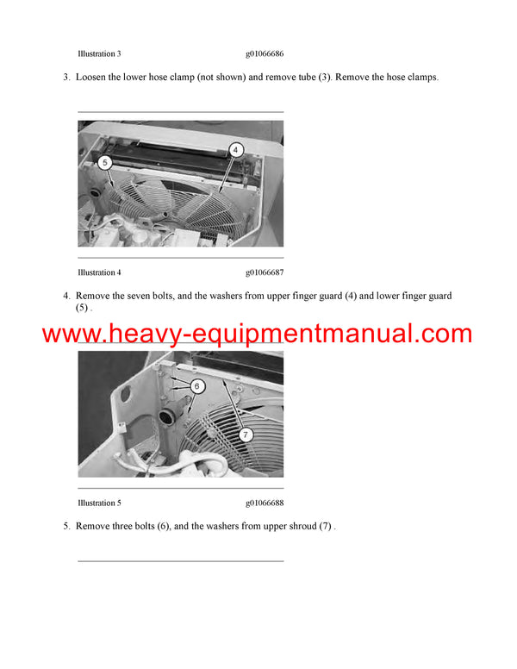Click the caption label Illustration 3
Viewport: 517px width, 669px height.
pyautogui.click(x=105, y=53)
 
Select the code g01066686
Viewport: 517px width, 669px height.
pyautogui.click(x=265, y=53)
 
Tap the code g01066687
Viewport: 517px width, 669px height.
pyautogui.click(x=265, y=272)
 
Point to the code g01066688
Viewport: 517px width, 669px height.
pyautogui.click(x=265, y=503)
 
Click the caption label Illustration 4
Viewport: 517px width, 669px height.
pyautogui.click(x=105, y=272)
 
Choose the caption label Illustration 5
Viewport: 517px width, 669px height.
pyautogui.click(x=105, y=503)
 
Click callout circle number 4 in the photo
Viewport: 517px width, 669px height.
pyautogui.click(x=235, y=149)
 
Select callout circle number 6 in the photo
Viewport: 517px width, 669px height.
pyautogui.click(x=196, y=386)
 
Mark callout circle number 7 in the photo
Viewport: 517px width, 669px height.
pyautogui.click(x=246, y=435)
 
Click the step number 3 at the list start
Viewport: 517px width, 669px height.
pyautogui.click(x=66, y=78)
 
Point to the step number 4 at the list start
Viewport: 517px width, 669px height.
pyautogui.click(x=66, y=297)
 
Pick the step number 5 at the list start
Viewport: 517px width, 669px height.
pyautogui.click(x=66, y=526)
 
